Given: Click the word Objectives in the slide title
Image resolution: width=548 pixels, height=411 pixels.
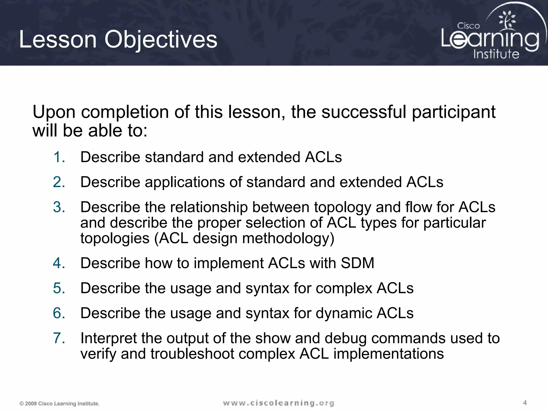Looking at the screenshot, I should point(161,40).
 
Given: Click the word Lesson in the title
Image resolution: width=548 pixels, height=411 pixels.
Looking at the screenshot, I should point(58,40).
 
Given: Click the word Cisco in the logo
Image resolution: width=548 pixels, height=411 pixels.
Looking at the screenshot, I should point(468,26).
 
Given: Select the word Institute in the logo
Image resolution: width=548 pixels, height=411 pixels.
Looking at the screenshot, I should point(496,54).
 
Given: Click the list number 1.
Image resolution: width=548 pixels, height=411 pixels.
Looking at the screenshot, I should point(59,157).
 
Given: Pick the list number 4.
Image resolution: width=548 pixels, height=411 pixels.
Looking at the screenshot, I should point(59,263).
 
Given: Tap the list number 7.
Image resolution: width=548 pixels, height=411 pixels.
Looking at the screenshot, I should point(59,338).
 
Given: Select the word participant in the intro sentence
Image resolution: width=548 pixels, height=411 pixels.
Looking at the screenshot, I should point(454,112).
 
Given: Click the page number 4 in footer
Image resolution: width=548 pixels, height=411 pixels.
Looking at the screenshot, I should point(525,403).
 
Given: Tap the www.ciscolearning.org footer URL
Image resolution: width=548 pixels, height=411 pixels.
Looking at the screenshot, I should point(278,403).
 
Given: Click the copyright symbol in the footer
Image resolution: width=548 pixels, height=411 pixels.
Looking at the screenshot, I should point(21,404).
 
